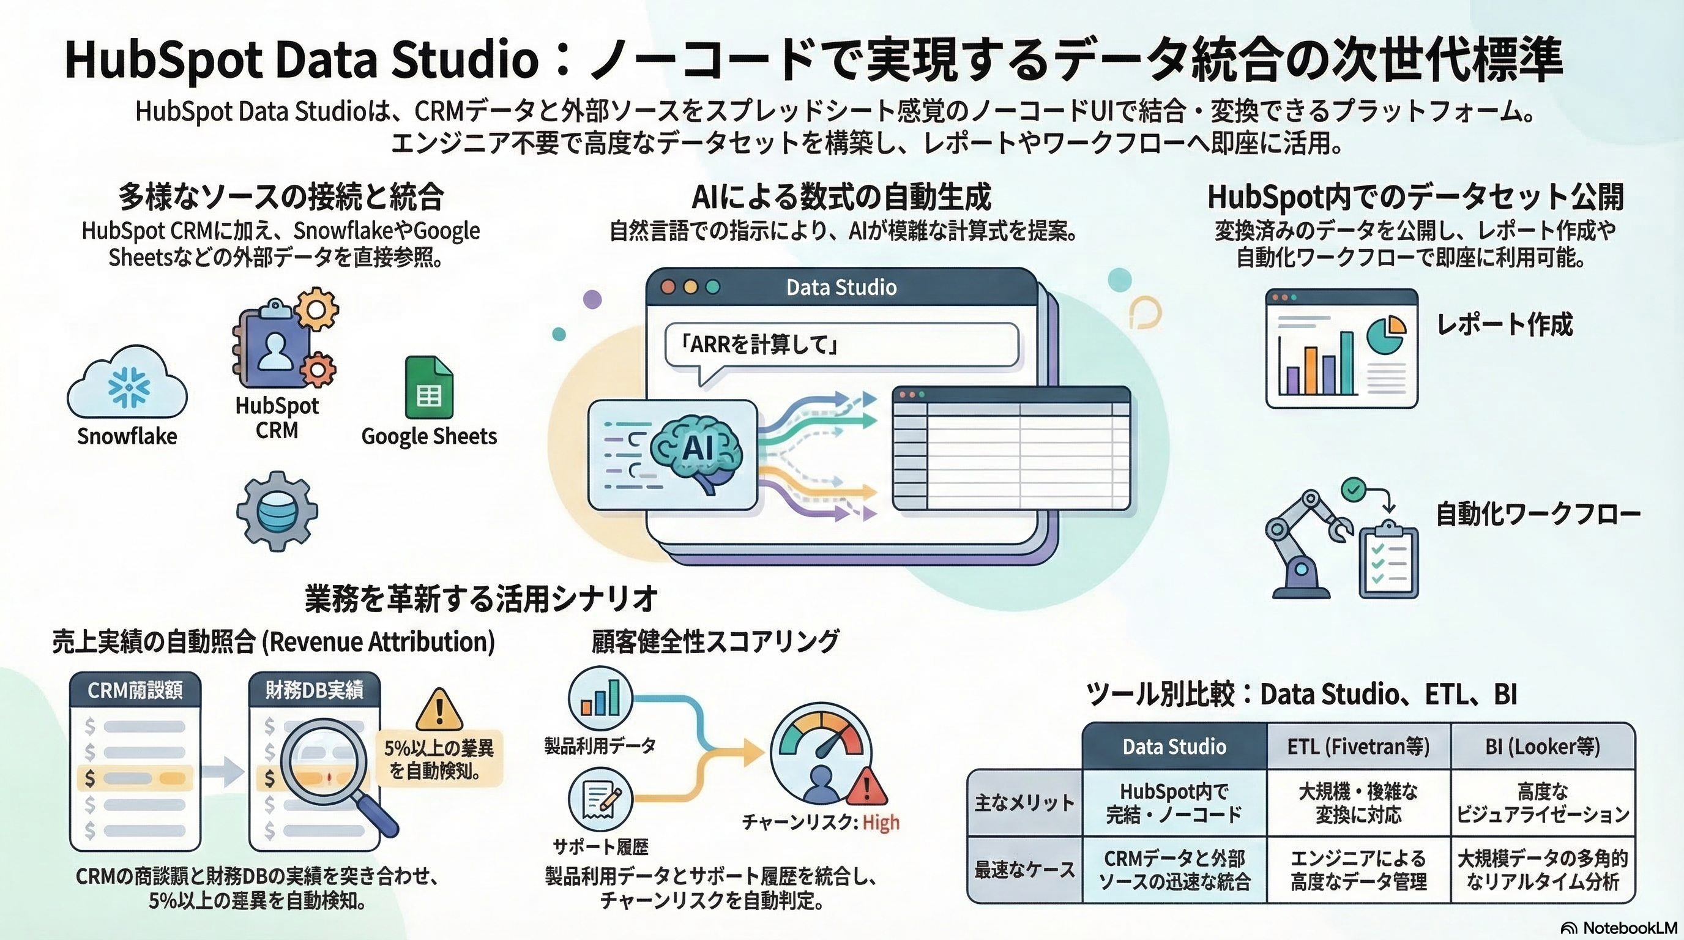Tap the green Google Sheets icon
pyautogui.click(x=429, y=387)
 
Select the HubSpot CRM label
pyautogui.click(x=277, y=418)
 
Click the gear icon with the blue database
pyautogui.click(x=277, y=511)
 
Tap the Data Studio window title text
pyautogui.click(x=841, y=288)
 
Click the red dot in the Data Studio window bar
pyautogui.click(x=668, y=288)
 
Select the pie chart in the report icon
pyautogui.click(x=1386, y=334)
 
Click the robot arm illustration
pyautogui.click(x=1301, y=543)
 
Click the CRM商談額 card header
pyautogui.click(x=135, y=690)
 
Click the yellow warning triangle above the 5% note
pyautogui.click(x=439, y=710)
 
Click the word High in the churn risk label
pyautogui.click(x=881, y=822)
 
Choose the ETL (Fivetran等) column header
pyautogui.click(x=1358, y=747)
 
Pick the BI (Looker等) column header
pyautogui.click(x=1542, y=747)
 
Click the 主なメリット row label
pyautogui.click(x=1024, y=803)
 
